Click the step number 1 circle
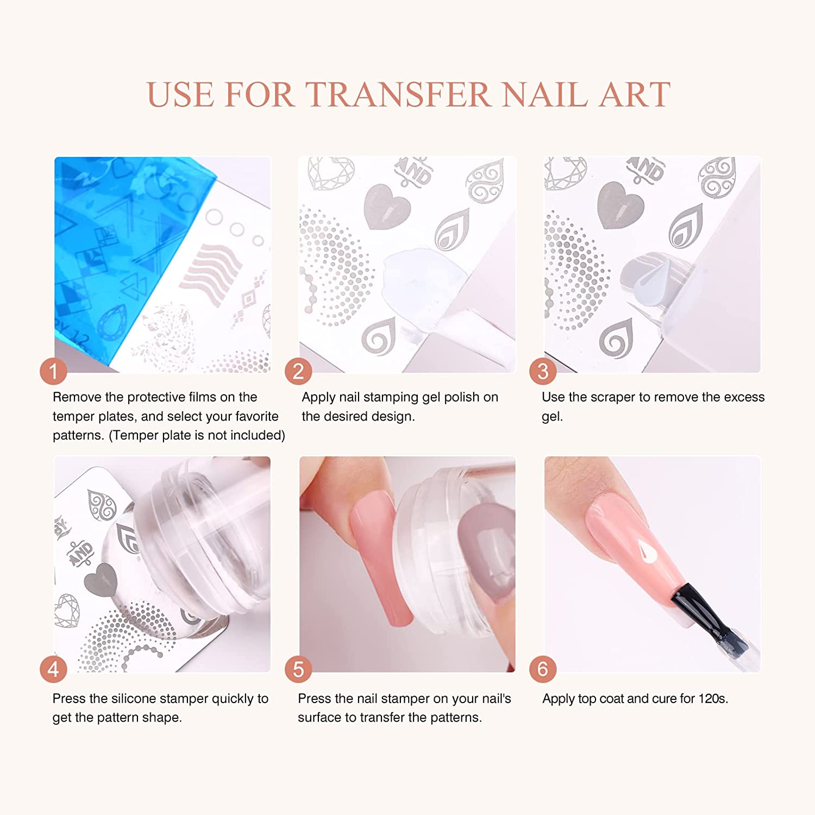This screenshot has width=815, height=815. point(53,371)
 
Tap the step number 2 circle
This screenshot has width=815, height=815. point(298,371)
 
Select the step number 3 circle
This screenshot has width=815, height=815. point(543,371)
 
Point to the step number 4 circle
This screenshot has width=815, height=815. point(53,669)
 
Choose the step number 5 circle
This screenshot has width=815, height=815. point(298,669)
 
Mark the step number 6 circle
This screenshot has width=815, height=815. point(543,669)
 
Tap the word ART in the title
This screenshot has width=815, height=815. point(635,95)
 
